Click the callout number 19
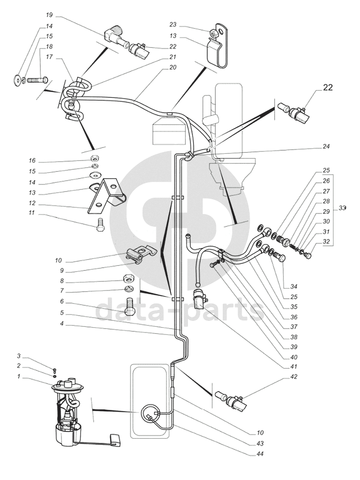[49, 15]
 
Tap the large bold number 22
[327, 88]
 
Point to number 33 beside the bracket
[342, 209]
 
